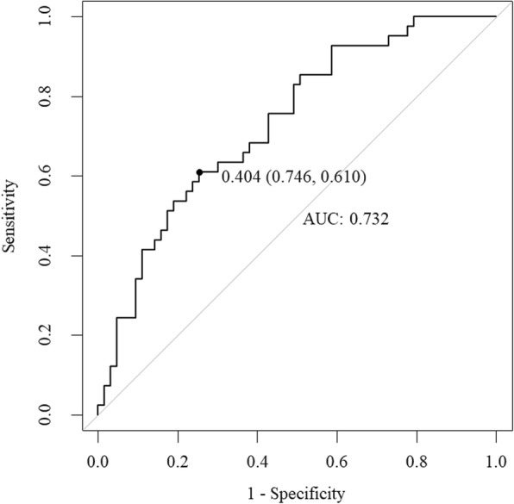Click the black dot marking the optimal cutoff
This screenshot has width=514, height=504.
click(199, 172)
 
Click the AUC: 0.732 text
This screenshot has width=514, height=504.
click(346, 220)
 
